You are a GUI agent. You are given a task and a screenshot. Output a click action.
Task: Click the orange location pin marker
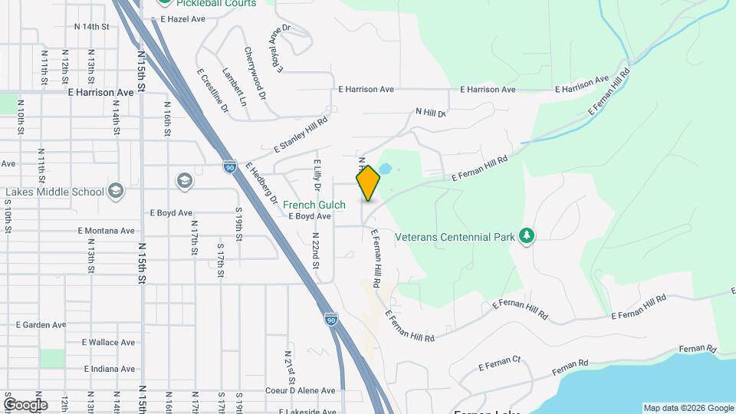368,182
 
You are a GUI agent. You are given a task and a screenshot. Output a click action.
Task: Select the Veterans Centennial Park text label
455,237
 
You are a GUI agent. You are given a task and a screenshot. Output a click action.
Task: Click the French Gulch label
314,205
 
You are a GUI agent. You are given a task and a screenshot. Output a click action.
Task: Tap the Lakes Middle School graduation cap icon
116,190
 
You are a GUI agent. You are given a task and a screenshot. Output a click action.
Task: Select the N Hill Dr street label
430,113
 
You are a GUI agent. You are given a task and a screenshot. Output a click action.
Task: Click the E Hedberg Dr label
261,182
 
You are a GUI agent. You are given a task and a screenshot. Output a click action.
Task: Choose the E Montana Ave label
107,230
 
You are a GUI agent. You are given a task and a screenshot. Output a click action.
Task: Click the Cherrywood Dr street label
255,74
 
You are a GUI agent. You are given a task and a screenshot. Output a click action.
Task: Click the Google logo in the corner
25,405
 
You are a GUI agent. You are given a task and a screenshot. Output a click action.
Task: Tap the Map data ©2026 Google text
688,408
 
